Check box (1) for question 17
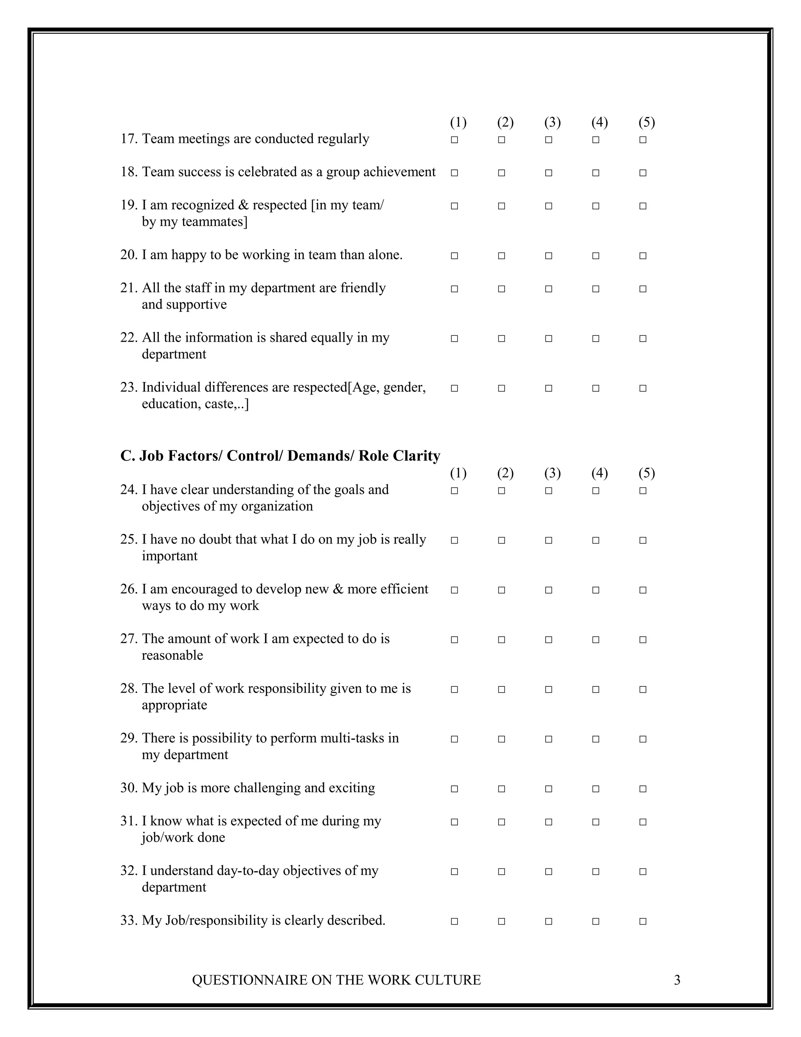coord(454,140)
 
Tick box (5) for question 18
coord(643,173)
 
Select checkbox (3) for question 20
coord(549,256)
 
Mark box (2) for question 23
coord(501,389)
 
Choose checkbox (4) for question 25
coord(596,540)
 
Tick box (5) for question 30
coord(643,789)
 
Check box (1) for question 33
coord(454,922)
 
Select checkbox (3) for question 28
coord(549,690)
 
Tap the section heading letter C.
coord(125,456)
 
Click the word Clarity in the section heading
coord(415,456)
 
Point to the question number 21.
coord(129,288)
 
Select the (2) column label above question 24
coord(505,473)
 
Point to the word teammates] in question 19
coord(214,222)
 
